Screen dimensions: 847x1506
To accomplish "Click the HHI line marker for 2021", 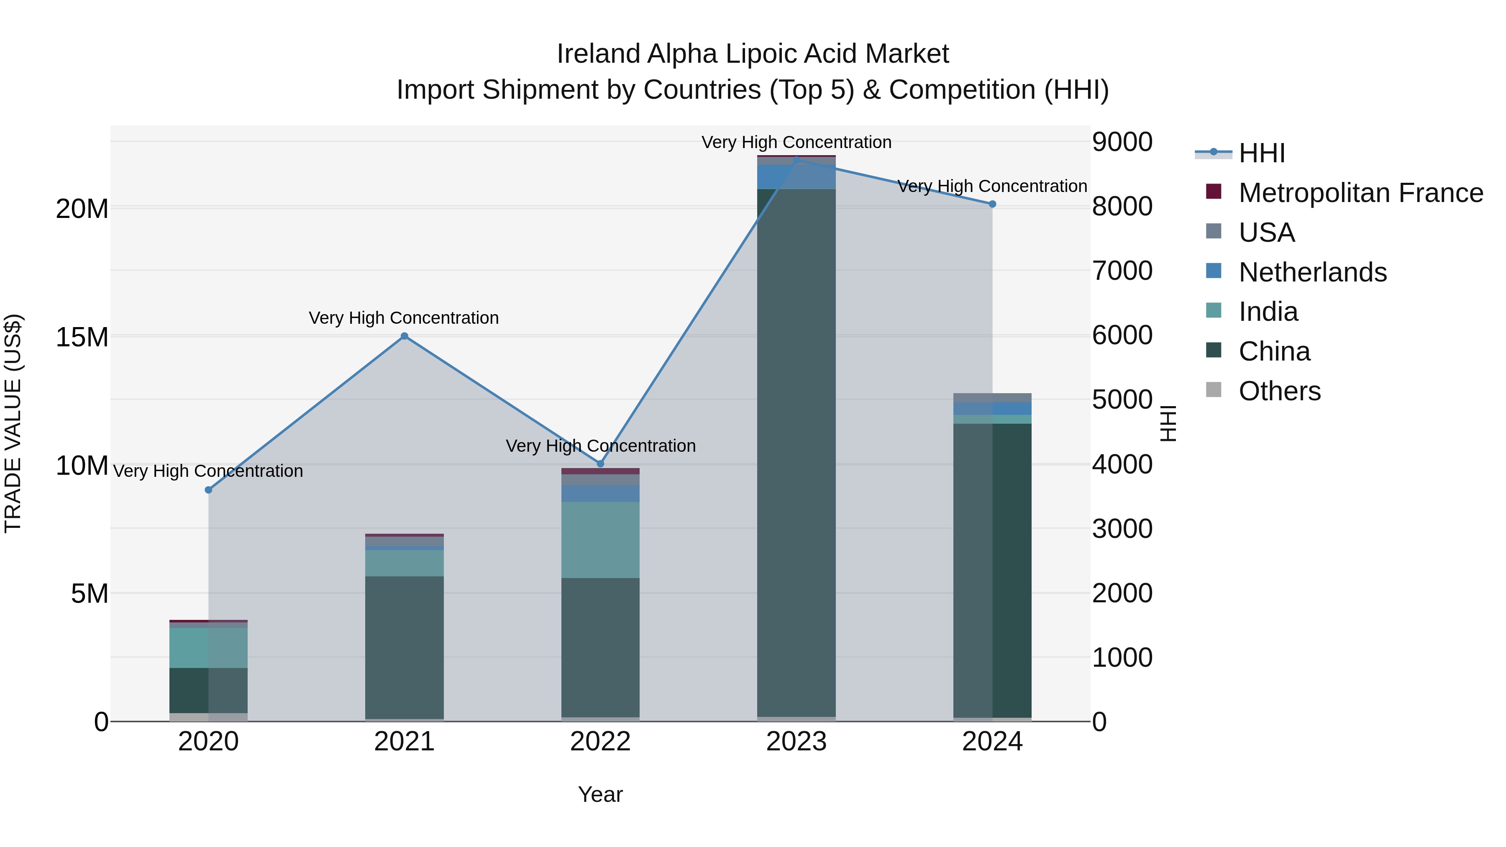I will point(404,336).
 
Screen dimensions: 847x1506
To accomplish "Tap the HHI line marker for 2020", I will point(208,490).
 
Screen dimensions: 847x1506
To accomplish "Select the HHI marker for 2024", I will point(992,204).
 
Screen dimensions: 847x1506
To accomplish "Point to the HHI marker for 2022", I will point(600,463).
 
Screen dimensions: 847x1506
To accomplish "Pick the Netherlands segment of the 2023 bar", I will point(796,177).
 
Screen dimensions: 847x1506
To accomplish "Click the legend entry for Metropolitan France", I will point(1360,193).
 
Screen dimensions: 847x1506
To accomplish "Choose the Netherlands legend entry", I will point(1312,272).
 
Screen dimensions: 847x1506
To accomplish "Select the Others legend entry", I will point(1279,391).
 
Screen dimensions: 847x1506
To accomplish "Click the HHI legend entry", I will point(1262,153).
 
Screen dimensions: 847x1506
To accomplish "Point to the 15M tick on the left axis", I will point(82,337).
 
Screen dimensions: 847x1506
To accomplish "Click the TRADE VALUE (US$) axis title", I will point(13,423).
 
